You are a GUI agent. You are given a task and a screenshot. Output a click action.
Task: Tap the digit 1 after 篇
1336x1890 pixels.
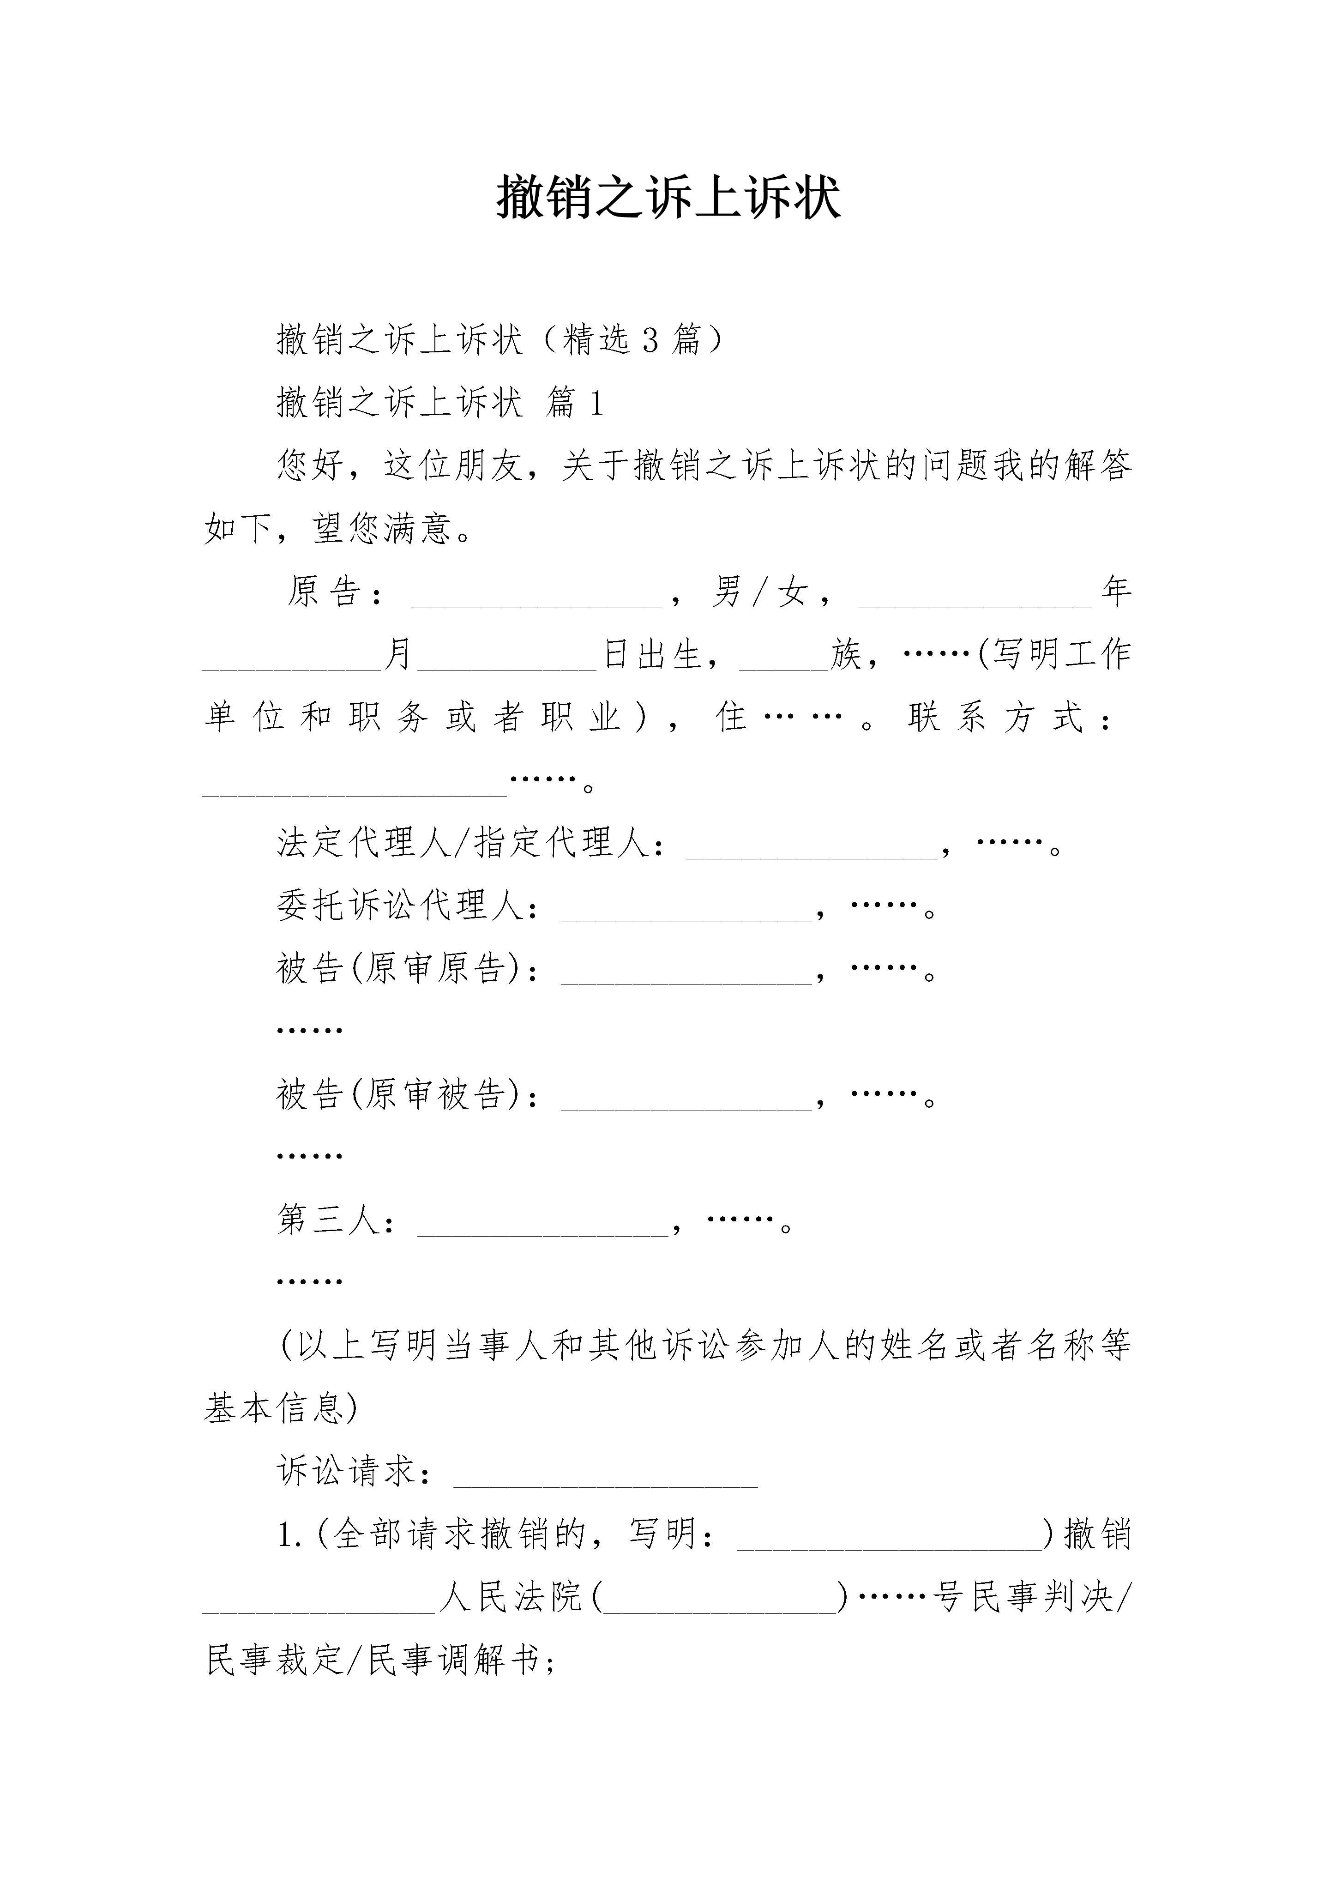click(597, 404)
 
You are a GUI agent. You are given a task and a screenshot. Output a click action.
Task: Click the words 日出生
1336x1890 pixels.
click(653, 654)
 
